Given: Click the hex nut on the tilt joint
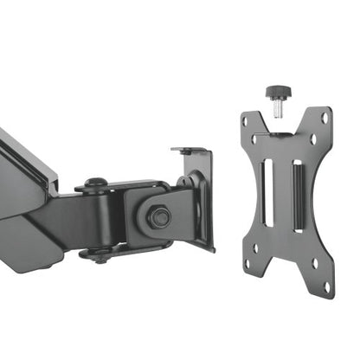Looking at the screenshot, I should pos(159,216).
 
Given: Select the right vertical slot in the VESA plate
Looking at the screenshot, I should pos(298,195).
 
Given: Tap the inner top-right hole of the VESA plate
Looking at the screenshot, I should pos(313,138).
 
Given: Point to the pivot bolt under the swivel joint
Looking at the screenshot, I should pos(98,254).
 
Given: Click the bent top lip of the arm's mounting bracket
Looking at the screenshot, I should pos(192,151).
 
